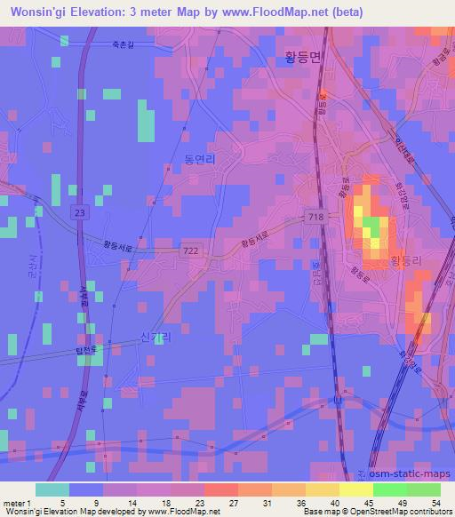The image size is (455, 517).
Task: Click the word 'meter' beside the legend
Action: tap(12, 504)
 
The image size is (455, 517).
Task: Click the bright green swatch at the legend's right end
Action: tap(423, 489)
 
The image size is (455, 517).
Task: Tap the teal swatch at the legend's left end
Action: tap(52, 489)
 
